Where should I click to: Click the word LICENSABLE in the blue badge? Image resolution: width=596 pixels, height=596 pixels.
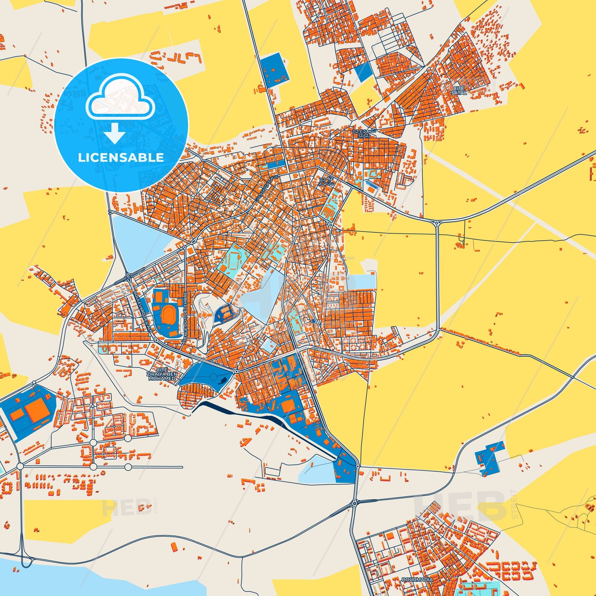121,158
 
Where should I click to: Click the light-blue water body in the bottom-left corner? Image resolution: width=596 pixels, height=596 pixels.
46,580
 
